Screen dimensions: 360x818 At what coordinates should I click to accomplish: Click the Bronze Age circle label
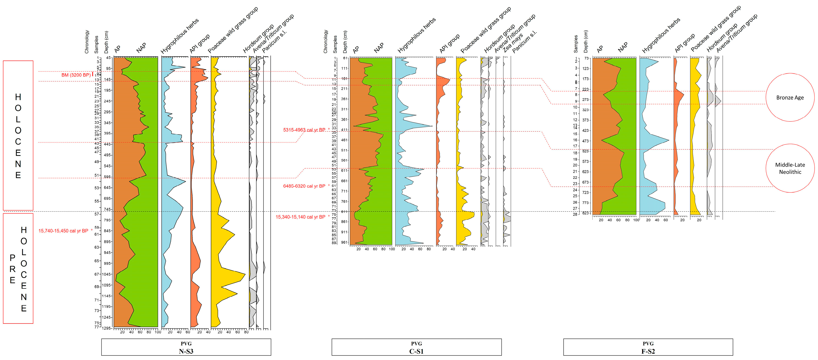(790, 98)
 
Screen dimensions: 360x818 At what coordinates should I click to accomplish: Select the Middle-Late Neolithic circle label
(790, 168)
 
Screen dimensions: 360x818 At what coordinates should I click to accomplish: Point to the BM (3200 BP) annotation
(76, 75)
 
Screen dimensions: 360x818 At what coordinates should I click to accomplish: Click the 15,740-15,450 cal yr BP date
(63, 231)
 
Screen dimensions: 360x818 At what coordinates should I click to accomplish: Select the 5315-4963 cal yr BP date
(304, 130)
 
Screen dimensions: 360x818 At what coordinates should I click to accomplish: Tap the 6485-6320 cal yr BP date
(304, 186)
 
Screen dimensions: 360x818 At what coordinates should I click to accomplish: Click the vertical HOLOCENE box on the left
(18, 135)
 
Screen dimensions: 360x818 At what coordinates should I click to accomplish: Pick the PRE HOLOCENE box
(18, 269)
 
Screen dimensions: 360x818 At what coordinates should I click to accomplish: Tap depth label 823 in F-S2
(586, 213)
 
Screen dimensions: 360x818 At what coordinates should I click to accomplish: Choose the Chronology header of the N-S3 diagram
(87, 42)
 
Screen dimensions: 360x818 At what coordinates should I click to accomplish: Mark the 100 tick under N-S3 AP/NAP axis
(158, 332)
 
